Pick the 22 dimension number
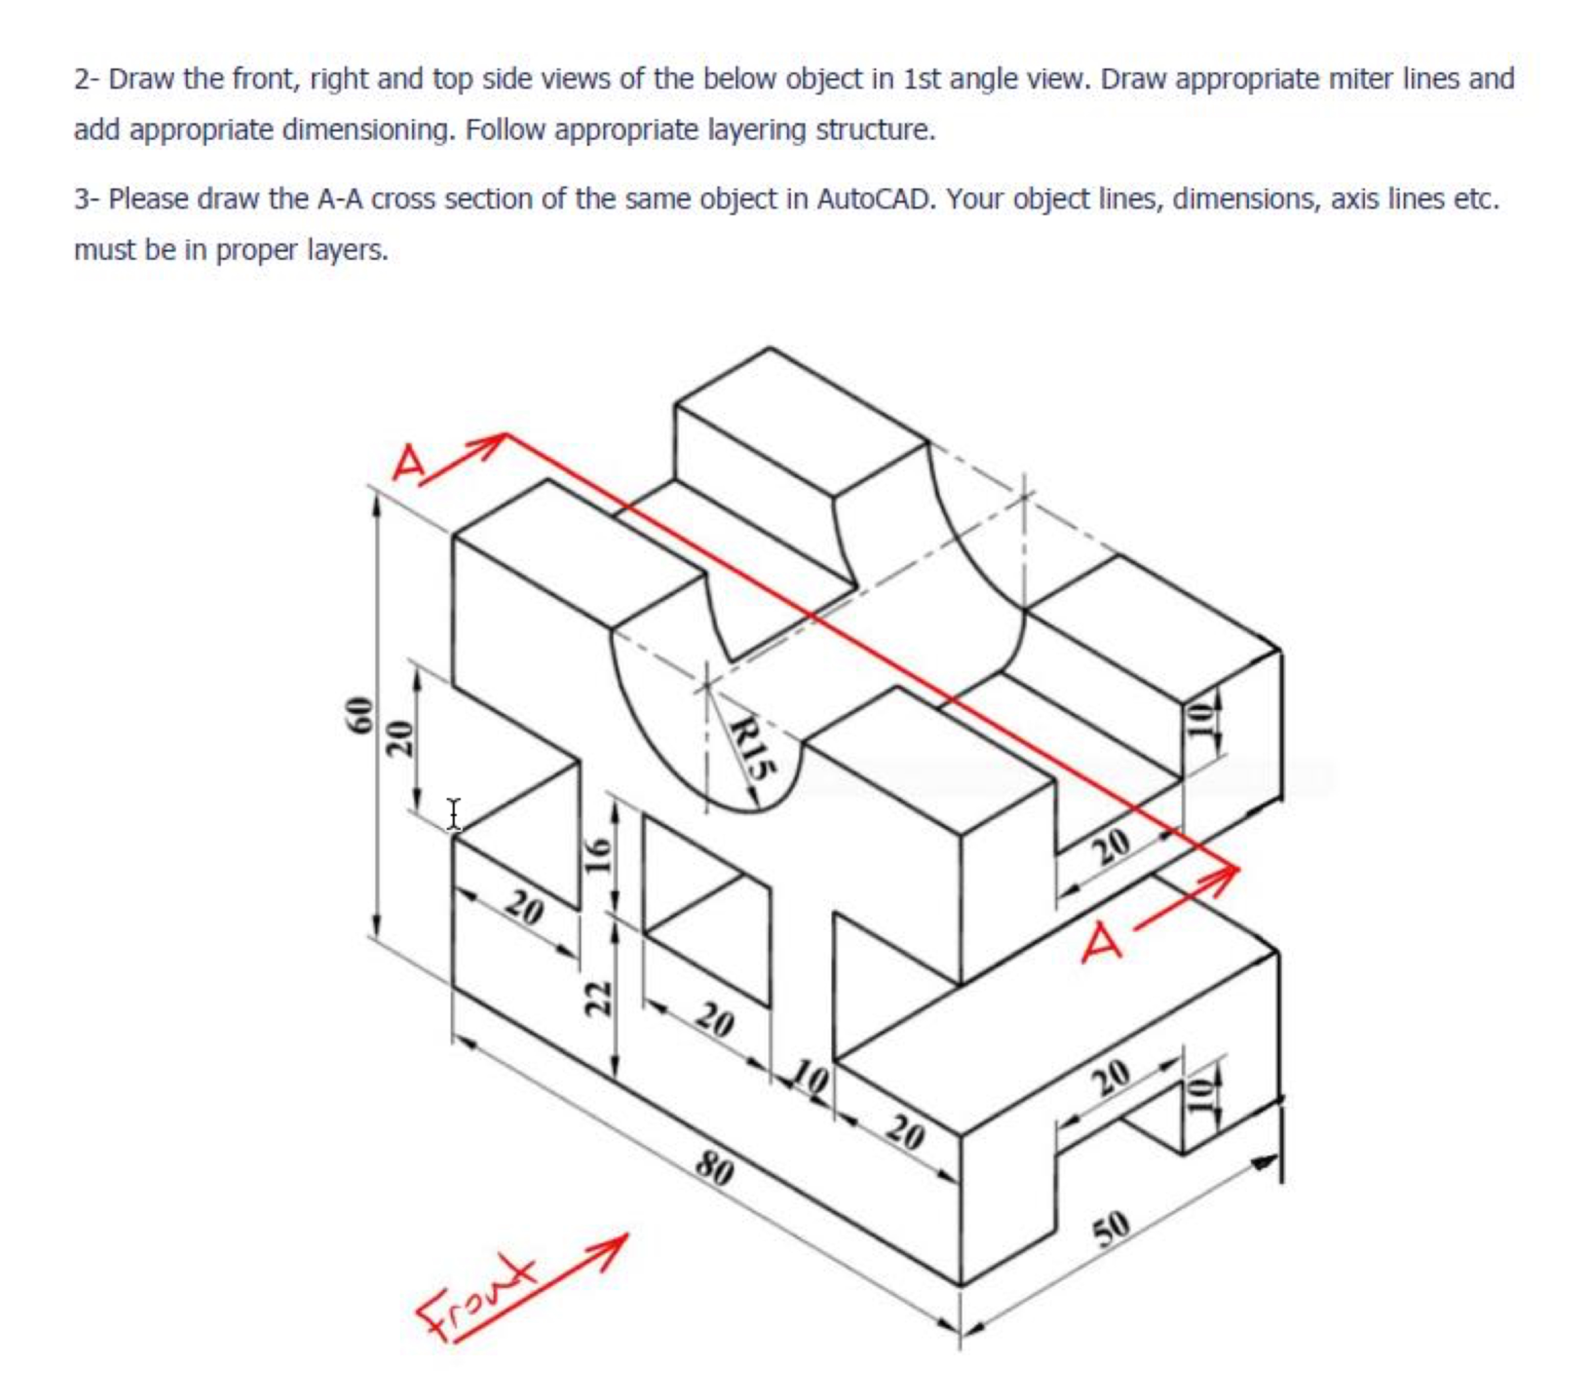596,997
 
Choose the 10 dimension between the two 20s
810,1080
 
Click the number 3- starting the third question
86,199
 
